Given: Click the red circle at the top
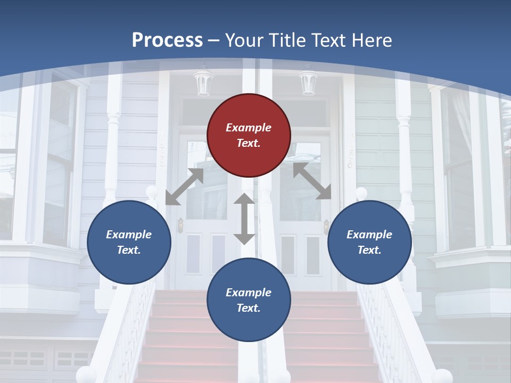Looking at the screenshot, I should tap(249, 136).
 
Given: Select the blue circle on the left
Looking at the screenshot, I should tap(129, 243).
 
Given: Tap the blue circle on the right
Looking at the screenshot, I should tap(369, 243).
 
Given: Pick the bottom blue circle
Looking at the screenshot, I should tap(249, 301).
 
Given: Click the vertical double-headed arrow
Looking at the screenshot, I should tap(244, 219).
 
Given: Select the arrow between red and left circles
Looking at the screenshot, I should tap(184, 187).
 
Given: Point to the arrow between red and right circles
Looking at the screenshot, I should tap(312, 181).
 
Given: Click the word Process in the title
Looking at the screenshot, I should tap(167, 40).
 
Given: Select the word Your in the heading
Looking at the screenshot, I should tap(244, 40).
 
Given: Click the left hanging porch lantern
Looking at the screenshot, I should tap(203, 82).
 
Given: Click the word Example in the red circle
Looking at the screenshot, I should tap(249, 128).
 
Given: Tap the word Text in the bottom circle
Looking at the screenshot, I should tap(248, 308).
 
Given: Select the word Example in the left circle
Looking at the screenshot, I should tap(129, 235).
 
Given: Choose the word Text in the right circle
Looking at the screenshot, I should tap(369, 250).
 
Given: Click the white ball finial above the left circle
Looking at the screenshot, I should tap(152, 191).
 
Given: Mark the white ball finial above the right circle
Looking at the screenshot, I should tap(361, 193).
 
